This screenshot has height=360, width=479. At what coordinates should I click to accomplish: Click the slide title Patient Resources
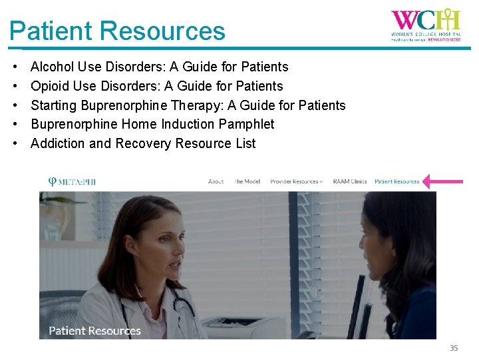pos(117,31)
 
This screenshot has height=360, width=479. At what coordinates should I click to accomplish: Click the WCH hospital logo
pos(426,25)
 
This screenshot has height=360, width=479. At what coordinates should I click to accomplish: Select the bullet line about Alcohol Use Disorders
pos(159,67)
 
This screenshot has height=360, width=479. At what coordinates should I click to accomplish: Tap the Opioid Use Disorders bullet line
pos(156,86)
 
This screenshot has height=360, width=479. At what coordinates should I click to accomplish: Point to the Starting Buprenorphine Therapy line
pos(188,105)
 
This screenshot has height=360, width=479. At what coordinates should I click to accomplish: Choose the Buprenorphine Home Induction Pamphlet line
pos(152,124)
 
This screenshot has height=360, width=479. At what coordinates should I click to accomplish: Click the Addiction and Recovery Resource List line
pos(143,143)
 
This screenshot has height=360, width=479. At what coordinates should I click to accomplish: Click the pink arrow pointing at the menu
pos(444,181)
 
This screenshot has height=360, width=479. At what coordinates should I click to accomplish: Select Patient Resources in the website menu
pos(397,181)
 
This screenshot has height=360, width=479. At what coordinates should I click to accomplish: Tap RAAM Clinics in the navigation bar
pos(350,181)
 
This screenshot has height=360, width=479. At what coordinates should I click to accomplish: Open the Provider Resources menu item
pos(295,181)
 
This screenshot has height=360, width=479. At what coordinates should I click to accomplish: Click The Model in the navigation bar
pos(247,181)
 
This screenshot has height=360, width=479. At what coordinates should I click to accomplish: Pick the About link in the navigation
pos(216,181)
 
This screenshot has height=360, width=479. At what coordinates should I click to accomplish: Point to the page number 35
pos(454,348)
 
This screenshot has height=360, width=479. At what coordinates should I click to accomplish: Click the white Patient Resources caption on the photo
pos(95,331)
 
